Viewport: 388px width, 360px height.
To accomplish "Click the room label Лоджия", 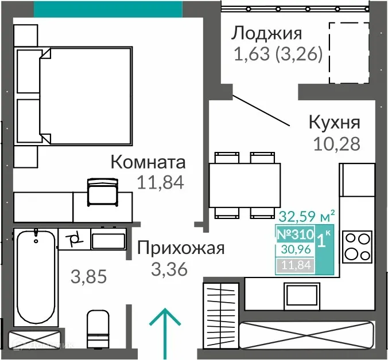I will pos(266,33).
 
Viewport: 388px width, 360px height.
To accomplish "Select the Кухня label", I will pos(334,123).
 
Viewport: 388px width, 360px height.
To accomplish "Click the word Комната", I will pos(148,162).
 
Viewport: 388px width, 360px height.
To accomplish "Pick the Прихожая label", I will pos(180,248).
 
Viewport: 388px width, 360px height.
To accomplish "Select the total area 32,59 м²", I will pos(306,217).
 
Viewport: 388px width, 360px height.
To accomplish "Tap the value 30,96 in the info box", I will pos(295,250).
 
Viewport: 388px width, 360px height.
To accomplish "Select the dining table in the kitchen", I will pos(243,185).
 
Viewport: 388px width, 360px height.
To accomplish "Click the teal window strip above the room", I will pos(108,9).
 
